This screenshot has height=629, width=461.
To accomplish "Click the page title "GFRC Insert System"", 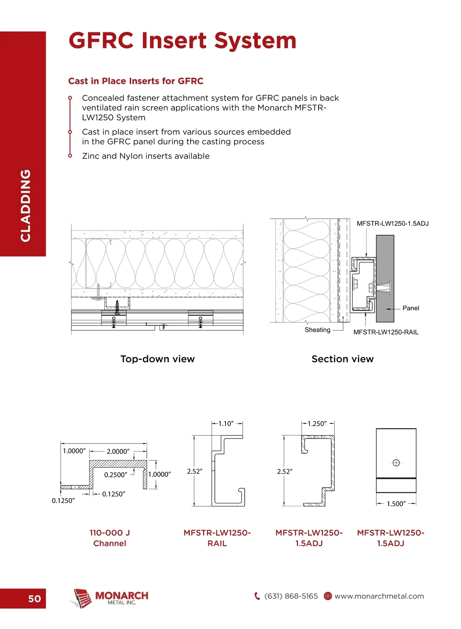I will click(182, 41).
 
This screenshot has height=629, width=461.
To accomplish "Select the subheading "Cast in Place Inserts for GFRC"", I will click(136, 81).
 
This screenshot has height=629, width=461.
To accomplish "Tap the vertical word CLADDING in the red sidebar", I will click(25, 205).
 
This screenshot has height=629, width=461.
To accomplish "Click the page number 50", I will click(34, 599).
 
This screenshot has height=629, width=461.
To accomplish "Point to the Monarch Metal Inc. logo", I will click(109, 598).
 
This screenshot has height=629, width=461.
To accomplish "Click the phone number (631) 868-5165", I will click(291, 596).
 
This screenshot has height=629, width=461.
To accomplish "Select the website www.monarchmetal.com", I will click(379, 596).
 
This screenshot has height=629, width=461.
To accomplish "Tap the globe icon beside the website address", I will click(328, 596).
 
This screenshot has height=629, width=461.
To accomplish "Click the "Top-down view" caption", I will click(158, 359).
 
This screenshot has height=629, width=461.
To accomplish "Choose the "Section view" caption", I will click(342, 359).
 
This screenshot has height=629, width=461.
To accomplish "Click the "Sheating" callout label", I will click(317, 330).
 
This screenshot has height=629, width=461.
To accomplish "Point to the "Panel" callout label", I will click(411, 308).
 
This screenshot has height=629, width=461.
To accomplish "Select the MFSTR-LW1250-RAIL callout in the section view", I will click(386, 332).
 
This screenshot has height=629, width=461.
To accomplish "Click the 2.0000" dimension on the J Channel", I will click(118, 452).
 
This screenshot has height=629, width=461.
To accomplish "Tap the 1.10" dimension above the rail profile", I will click(226, 424).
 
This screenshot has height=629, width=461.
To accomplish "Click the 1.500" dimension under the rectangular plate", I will click(396, 504).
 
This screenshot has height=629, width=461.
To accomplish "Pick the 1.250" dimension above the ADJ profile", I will click(317, 424).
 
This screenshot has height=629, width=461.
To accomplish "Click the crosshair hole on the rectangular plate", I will click(396, 463).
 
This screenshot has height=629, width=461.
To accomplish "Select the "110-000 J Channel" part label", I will click(109, 538).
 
